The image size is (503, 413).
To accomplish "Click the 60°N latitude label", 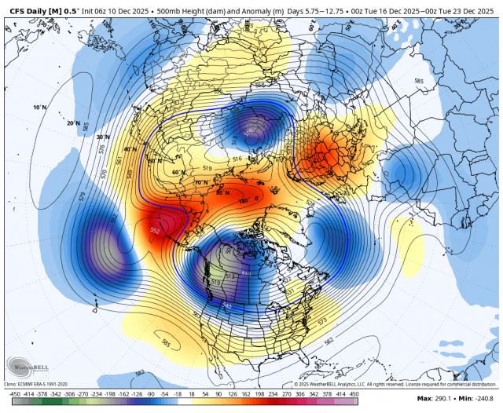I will click(177, 172).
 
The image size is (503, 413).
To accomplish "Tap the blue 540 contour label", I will click(228, 305).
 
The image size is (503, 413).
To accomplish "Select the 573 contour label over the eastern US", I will click(321, 320).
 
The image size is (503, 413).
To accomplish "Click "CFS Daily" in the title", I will click(31, 8).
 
